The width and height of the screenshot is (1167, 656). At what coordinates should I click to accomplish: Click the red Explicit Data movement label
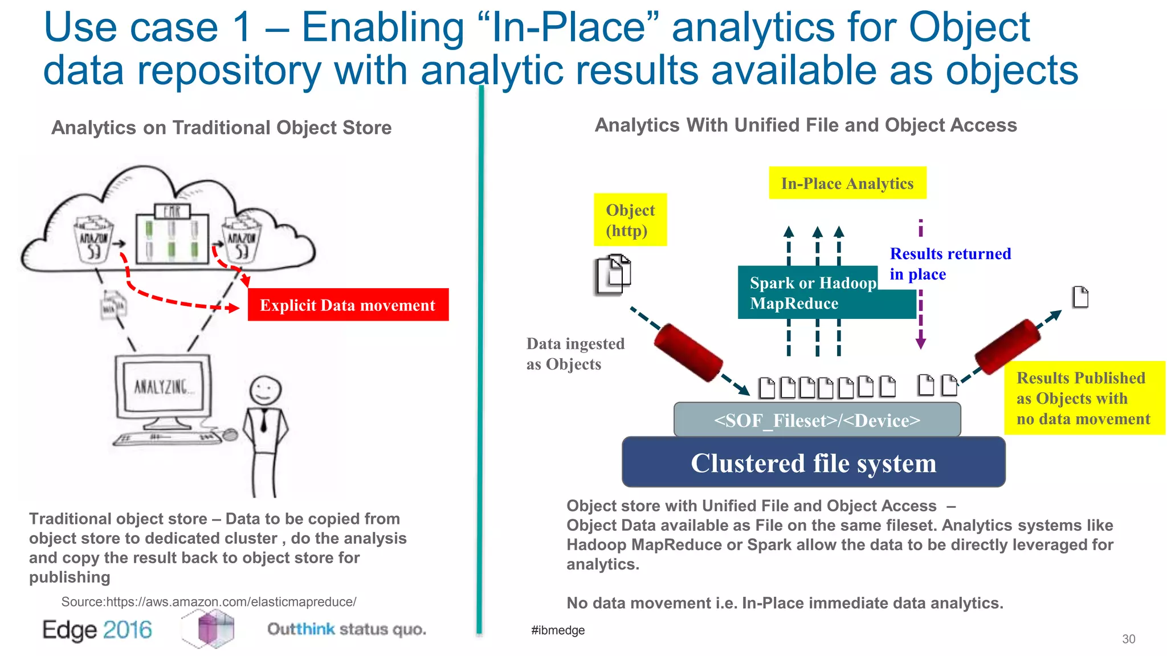pyautogui.click(x=348, y=305)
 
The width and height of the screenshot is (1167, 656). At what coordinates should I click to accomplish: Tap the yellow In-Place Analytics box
pyautogui.click(x=847, y=183)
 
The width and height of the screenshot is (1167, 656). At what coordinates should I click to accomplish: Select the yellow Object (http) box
pyautogui.click(x=630, y=220)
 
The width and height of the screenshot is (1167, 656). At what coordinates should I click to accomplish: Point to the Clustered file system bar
pyautogui.click(x=813, y=462)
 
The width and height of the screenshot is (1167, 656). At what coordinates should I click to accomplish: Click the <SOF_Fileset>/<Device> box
pyautogui.click(x=817, y=420)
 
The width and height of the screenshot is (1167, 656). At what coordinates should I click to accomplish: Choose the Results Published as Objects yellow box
pyautogui.click(x=1083, y=398)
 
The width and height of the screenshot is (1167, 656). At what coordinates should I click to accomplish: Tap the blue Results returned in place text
pyautogui.click(x=950, y=264)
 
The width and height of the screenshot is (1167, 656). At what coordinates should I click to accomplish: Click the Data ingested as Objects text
pyautogui.click(x=575, y=354)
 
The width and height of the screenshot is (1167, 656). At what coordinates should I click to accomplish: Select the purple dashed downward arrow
pyautogui.click(x=920, y=319)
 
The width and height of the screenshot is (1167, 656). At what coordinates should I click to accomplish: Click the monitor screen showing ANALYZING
pyautogui.click(x=162, y=387)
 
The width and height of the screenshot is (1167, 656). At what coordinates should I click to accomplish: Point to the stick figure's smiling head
pyautogui.click(x=266, y=391)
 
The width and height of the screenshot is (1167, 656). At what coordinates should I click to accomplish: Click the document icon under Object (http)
pyautogui.click(x=613, y=275)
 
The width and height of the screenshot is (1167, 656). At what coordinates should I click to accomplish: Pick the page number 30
pyautogui.click(x=1128, y=639)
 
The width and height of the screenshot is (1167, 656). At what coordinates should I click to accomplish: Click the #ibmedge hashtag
pyautogui.click(x=557, y=630)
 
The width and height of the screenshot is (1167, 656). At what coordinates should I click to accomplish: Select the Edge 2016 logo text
pyautogui.click(x=97, y=630)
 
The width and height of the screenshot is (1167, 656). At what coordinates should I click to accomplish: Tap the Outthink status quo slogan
pyautogui.click(x=346, y=629)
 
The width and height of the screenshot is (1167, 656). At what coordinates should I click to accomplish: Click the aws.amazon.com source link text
pyautogui.click(x=209, y=602)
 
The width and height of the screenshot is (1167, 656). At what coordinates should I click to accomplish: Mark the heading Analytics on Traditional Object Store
pyautogui.click(x=221, y=128)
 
